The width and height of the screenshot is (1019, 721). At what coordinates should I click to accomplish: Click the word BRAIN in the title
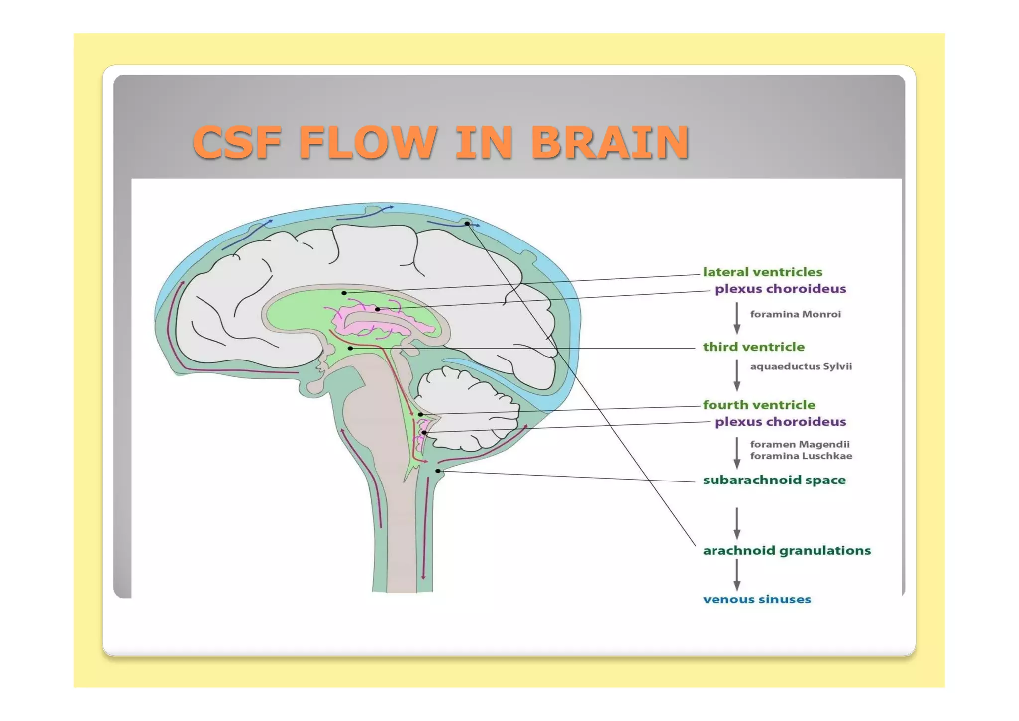click(x=610, y=143)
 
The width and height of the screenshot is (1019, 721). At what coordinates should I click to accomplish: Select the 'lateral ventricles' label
click(x=762, y=272)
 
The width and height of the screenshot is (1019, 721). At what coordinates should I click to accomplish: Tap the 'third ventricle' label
click(x=753, y=347)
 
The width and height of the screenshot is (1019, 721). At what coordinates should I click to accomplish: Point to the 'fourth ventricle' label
click(x=759, y=405)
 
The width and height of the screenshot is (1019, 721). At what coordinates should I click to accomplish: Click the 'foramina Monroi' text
click(x=795, y=314)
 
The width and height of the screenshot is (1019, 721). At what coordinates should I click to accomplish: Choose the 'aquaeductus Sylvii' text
click(x=801, y=366)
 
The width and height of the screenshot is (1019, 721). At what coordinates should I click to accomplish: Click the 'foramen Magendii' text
click(x=800, y=444)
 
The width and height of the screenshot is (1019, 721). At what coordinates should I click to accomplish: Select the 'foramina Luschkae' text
click(x=801, y=456)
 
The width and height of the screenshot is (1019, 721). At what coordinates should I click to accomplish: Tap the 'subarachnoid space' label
click(x=774, y=481)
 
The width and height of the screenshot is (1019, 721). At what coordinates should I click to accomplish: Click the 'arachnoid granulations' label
click(x=786, y=551)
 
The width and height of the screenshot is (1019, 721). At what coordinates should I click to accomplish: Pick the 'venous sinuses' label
click(x=756, y=600)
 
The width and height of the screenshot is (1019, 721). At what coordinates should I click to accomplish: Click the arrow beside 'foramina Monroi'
click(x=737, y=318)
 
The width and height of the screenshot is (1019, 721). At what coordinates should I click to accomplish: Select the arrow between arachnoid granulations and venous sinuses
click(x=737, y=575)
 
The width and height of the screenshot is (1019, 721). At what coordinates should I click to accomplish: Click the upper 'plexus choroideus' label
click(x=780, y=289)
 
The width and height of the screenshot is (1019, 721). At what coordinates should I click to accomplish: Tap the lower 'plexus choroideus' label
click(x=780, y=422)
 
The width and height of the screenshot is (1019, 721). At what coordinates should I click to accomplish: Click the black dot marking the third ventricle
click(x=350, y=348)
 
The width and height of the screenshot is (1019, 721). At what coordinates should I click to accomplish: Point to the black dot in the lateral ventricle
click(x=344, y=293)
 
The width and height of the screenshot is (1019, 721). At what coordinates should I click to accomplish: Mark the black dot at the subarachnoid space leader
click(x=438, y=471)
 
